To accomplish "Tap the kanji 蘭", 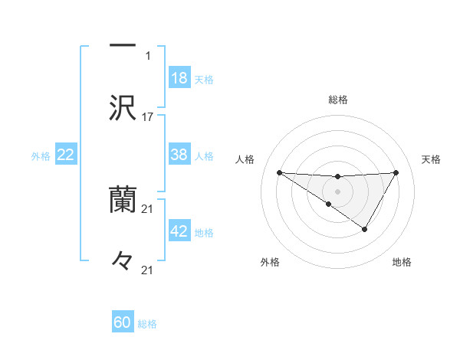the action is (123, 201).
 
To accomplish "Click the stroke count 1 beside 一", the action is (148, 55).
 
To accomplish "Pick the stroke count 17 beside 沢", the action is (148, 117).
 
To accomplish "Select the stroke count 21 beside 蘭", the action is (148, 209).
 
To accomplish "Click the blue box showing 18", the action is (179, 78).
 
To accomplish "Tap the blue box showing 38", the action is (179, 155).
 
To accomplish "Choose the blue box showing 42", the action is (179, 232).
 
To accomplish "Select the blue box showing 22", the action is (66, 155).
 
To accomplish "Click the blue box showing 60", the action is (123, 322).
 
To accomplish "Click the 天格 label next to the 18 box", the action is (204, 79).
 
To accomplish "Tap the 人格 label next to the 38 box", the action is (204, 155).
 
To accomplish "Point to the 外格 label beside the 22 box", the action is (41, 156).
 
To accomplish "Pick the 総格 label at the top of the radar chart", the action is (338, 100).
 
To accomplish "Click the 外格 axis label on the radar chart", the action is (270, 262).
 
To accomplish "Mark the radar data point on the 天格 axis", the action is (396, 172).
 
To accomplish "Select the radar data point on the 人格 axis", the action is (279, 172).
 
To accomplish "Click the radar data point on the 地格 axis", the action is (365, 229).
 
